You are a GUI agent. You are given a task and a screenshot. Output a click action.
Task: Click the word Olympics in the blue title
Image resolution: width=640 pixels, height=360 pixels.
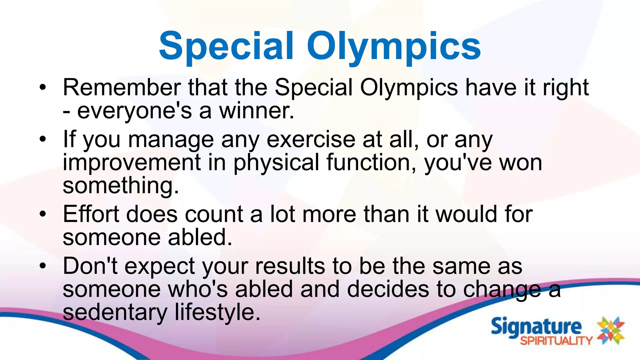pos(394,47)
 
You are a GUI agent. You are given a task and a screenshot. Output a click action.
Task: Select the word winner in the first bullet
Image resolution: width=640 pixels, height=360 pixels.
pos(256,111)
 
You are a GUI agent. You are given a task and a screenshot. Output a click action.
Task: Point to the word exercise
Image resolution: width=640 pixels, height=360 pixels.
pos(311,140)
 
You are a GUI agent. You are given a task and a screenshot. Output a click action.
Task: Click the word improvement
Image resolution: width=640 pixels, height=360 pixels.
pos(132,162)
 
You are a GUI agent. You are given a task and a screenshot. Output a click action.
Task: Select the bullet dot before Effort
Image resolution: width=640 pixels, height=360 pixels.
pos(43,214)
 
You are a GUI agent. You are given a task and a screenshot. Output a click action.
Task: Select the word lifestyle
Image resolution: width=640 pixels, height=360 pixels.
pos(217,312)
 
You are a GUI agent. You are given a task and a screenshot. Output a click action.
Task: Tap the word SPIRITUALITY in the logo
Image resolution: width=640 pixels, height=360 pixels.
pos(556,341)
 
